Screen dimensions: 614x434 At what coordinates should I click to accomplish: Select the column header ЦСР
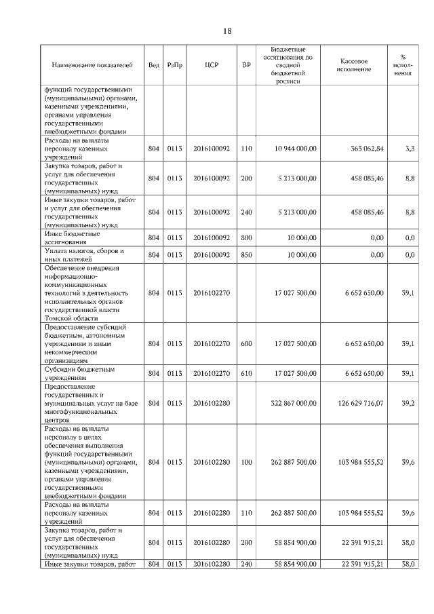tap(210, 65)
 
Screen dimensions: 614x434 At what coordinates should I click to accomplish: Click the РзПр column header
tap(175, 65)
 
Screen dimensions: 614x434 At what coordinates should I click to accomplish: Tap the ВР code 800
tap(246, 238)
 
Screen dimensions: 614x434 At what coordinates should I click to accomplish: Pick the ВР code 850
tap(246, 255)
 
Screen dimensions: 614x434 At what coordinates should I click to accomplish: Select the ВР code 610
tap(246, 374)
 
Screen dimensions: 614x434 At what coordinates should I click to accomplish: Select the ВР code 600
tap(246, 344)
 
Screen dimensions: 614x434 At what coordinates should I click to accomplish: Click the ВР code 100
tap(246, 462)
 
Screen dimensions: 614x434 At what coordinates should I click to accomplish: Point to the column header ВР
tap(246, 65)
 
